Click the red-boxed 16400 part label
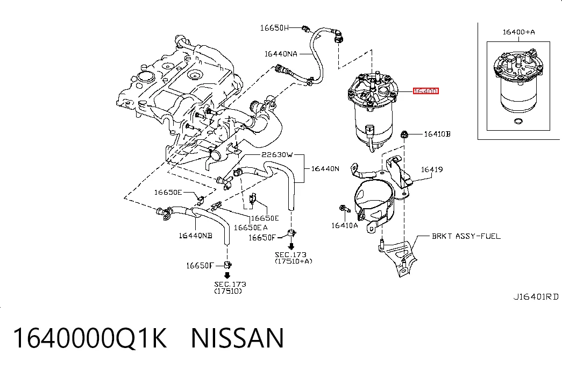426,91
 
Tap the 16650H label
274,27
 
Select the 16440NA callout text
281,54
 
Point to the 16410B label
437,134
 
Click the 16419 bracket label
432,169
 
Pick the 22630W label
277,154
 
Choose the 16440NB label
195,236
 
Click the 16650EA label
251,228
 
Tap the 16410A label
344,225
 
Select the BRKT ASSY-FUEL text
466,236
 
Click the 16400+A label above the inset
518,32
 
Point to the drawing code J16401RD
536,297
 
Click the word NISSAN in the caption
238,338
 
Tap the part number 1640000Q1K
90,338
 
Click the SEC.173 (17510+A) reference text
293,258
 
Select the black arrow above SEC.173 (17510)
227,275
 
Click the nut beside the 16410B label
404,134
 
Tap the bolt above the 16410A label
344,208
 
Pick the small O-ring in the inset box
518,121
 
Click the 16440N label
325,168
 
